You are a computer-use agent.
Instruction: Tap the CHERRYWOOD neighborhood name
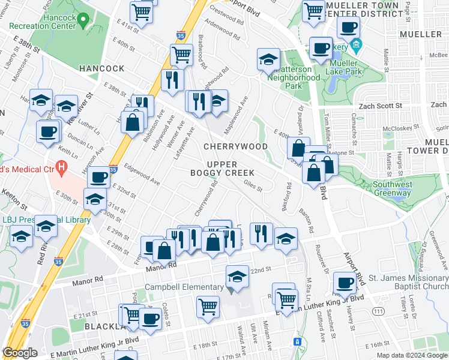tap(235, 146)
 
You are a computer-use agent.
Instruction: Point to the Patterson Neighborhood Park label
tap(294, 77)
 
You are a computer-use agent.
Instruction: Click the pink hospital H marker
tap(60, 166)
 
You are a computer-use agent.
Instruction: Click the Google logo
tap(20, 353)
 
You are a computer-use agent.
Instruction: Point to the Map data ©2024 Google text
tap(411, 355)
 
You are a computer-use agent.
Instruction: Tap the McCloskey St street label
tap(401, 129)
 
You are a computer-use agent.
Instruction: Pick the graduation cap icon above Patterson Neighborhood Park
tap(268, 59)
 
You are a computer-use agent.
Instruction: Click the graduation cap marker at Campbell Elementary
tap(237, 277)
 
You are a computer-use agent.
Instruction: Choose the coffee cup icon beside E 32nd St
tap(99, 177)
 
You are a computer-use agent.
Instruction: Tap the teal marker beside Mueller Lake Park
tap(356, 45)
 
